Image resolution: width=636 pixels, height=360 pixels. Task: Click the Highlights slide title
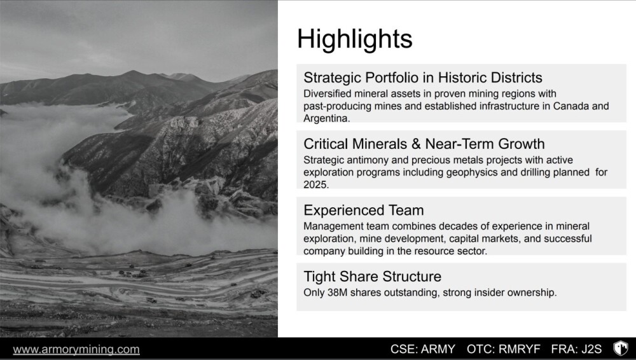355,39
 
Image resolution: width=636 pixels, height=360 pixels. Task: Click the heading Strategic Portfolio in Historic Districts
423,77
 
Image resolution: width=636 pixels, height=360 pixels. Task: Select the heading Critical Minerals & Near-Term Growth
424,144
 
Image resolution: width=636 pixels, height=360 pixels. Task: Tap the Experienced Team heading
363,210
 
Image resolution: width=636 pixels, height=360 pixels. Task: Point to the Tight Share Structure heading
372,277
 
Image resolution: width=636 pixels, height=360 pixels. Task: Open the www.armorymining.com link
76,349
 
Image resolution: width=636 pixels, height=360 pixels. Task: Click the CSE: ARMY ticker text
423,349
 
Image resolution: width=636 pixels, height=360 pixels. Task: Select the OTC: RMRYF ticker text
503,349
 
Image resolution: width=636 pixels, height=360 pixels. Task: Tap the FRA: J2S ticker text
576,349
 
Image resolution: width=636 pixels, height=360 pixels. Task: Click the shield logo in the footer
620,348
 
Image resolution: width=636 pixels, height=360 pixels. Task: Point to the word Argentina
326,118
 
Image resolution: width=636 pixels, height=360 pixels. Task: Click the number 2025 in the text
316,184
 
